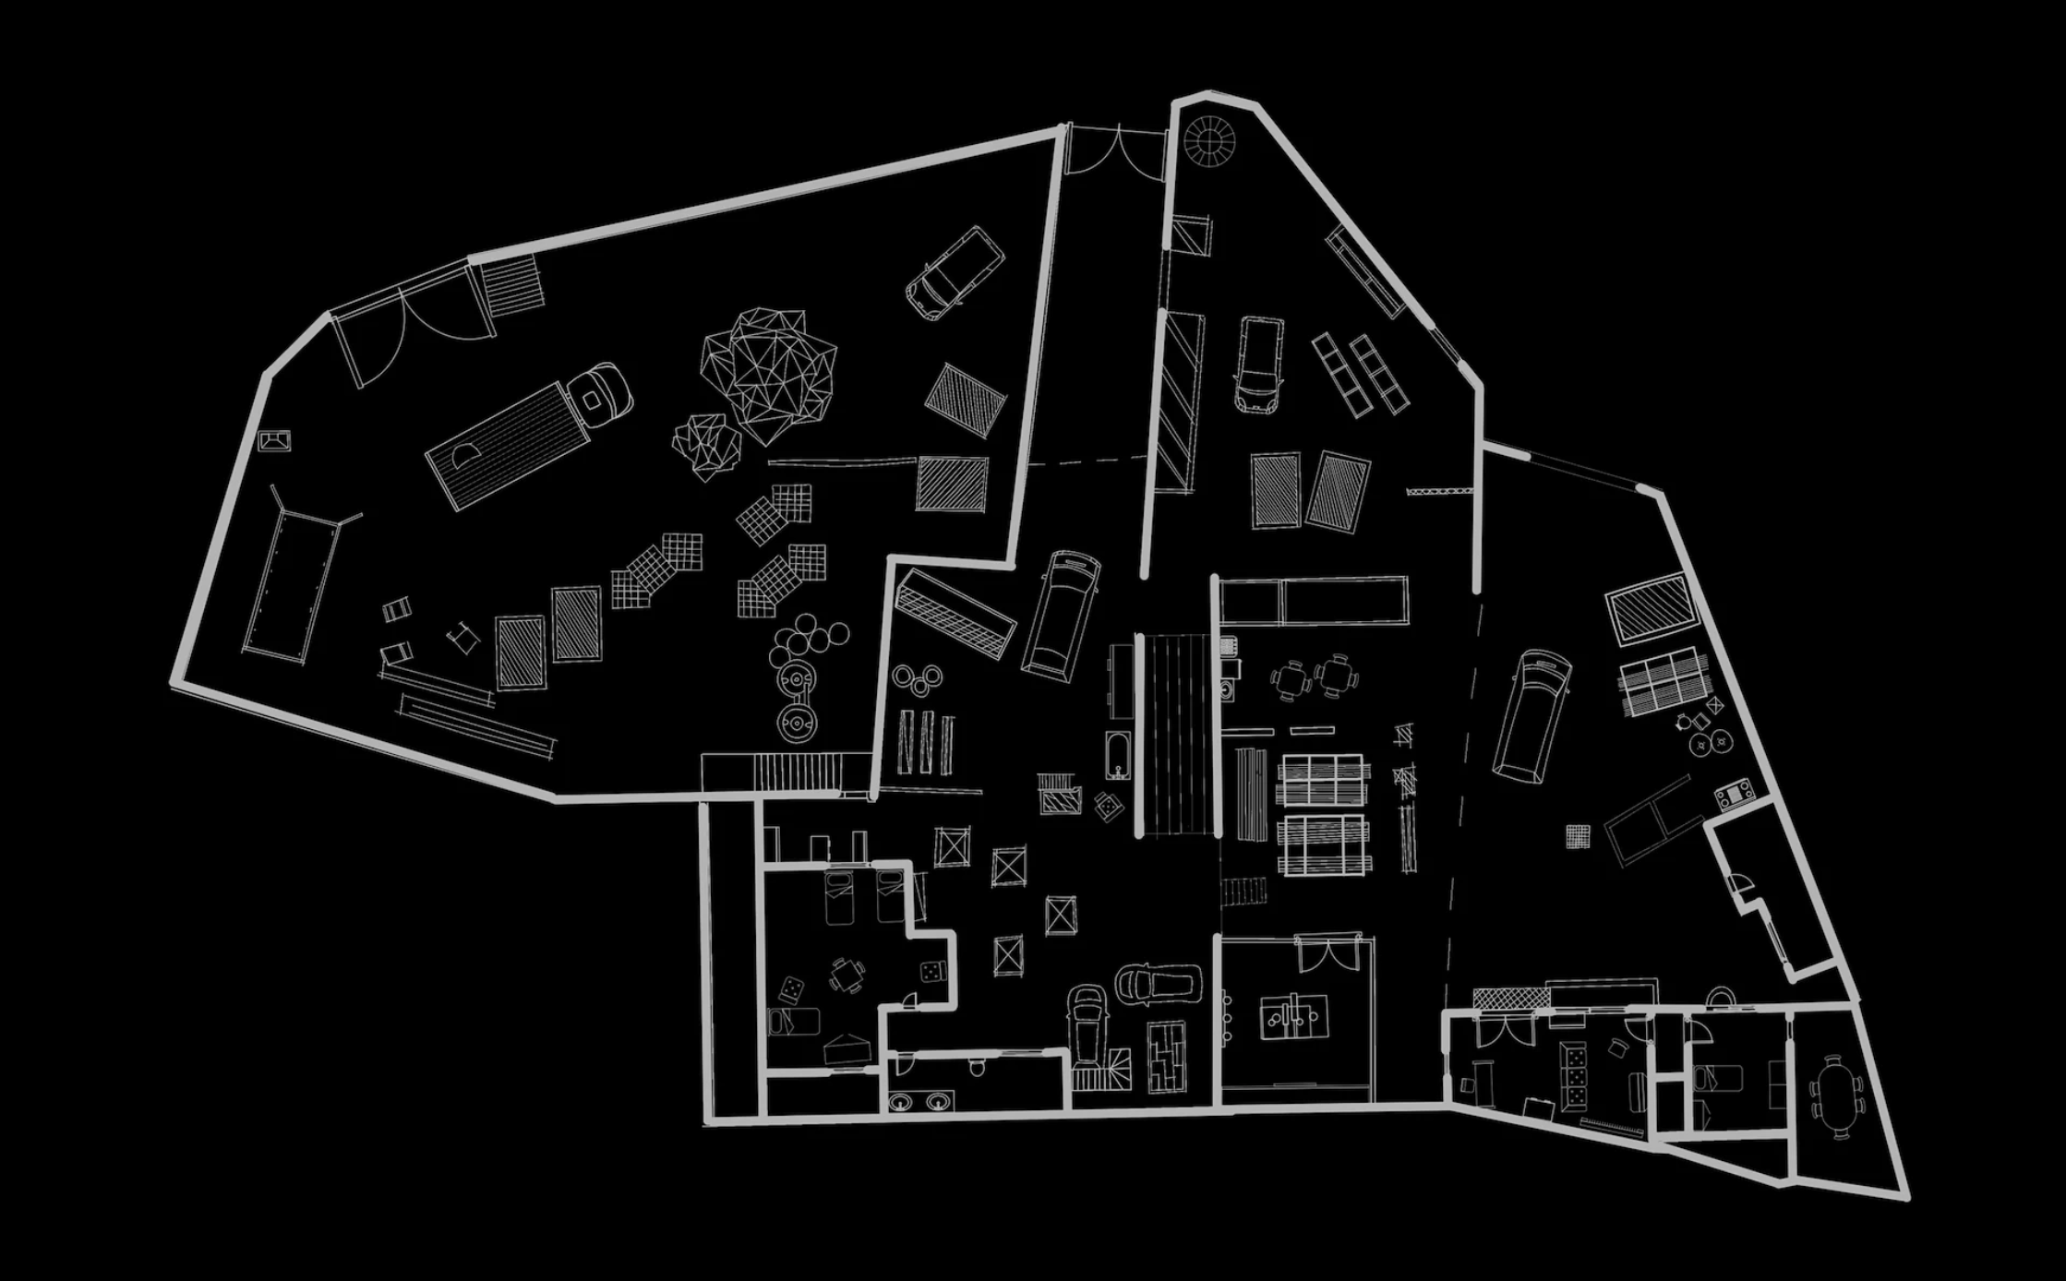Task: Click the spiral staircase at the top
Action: (1209, 140)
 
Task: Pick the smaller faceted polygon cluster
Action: (706, 445)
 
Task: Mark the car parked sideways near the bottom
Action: (1159, 984)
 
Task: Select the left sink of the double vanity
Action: (902, 1100)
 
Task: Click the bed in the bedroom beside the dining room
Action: (1717, 1077)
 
